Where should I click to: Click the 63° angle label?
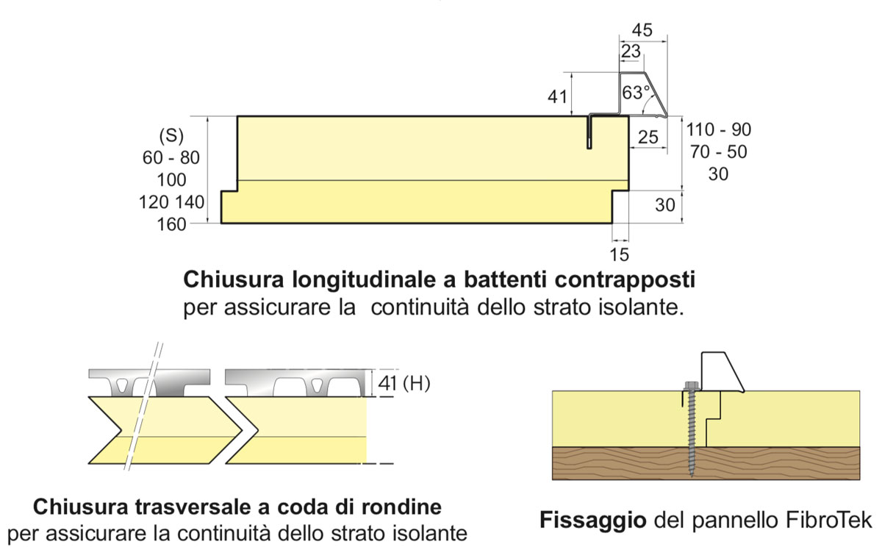pos(636,94)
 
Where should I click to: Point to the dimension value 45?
pos(642,30)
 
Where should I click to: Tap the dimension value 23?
pos(631,51)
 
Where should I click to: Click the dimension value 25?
pos(648,137)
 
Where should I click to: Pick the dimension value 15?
pos(620,254)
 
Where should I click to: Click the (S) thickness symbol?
pos(171,136)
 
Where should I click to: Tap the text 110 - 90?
pos(718,130)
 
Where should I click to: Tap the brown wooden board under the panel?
pos(706,463)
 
